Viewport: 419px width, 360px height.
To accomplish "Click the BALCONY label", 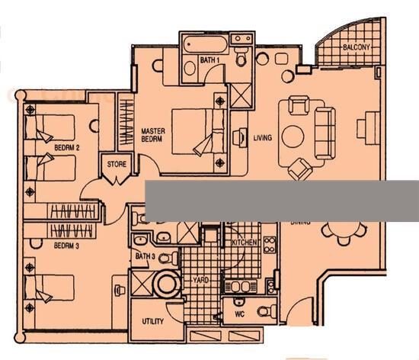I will click(357, 48).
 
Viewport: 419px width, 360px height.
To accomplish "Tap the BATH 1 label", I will click(210, 59).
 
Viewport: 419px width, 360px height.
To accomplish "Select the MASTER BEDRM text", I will click(154, 134).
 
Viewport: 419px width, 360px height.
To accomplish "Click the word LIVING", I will click(263, 138).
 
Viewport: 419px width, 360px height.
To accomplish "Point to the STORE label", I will click(116, 163).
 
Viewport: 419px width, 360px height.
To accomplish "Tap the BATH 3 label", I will click(145, 257).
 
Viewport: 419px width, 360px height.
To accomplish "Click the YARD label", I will click(201, 280).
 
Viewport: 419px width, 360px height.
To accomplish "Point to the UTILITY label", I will click(153, 321).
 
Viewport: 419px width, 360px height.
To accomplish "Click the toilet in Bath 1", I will click(241, 56).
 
